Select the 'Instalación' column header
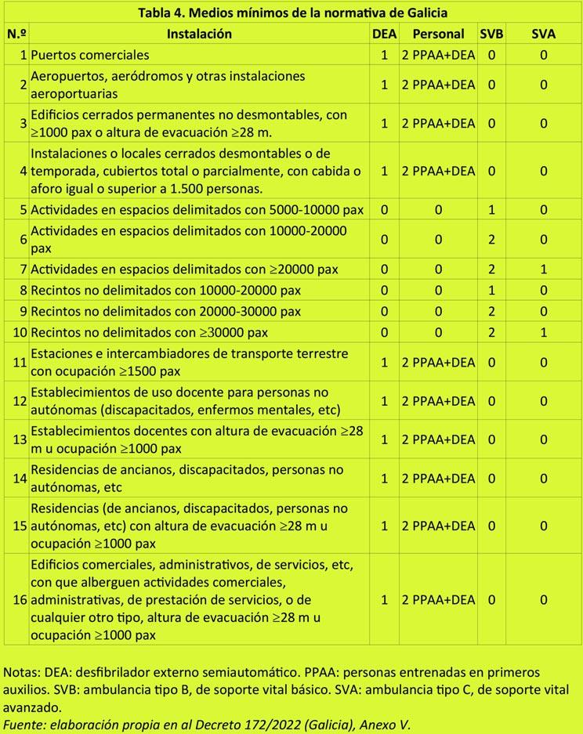coord(199,34)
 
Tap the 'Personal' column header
coord(438,34)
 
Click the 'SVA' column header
coord(543,34)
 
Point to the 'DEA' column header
coord(385,34)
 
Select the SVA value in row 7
coord(543,269)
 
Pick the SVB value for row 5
coord(491,210)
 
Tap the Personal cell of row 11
coord(438,363)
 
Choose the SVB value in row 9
coord(491,311)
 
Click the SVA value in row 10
coord(543,331)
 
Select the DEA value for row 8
coord(385,291)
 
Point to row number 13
coord(20,439)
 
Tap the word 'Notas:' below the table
coord(23,672)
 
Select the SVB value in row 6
coord(491,240)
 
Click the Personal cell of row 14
coord(438,478)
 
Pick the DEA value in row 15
coord(385,526)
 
